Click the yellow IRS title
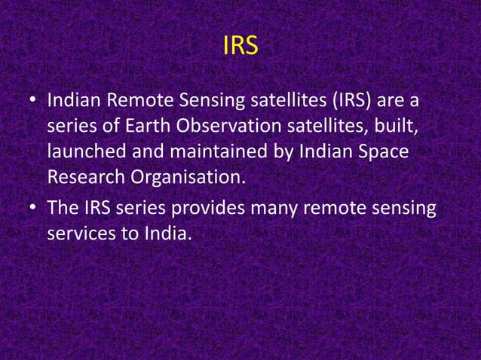point(240,46)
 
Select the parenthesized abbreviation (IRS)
point(356,99)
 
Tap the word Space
point(381,151)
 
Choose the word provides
point(208,207)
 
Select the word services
point(80,233)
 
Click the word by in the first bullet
point(281,151)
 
